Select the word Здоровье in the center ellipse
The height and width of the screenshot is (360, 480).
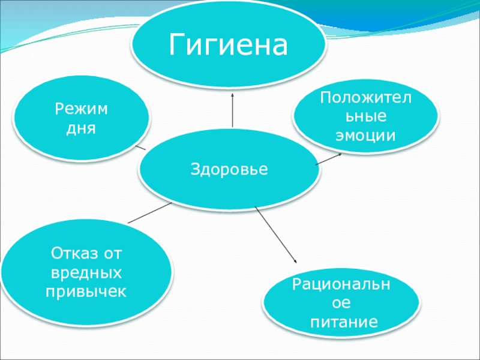click(229, 170)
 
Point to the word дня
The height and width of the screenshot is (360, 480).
click(82, 128)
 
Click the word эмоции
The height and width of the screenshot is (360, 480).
click(365, 134)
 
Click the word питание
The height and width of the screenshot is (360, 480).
click(344, 322)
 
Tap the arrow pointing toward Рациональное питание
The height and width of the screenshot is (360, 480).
click(276, 235)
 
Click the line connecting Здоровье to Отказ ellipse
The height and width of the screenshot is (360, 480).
click(150, 212)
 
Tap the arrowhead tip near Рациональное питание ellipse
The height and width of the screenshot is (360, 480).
click(296, 262)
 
